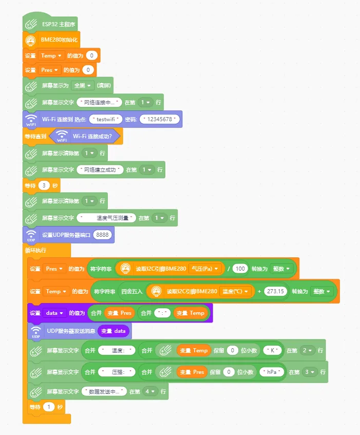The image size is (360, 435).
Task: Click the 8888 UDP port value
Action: [103, 235]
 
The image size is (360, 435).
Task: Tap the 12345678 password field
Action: [161, 119]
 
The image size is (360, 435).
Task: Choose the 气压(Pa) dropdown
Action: [207, 268]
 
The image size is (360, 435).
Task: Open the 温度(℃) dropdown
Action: [237, 291]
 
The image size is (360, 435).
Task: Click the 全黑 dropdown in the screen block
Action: [82, 85]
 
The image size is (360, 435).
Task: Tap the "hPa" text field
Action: [272, 372]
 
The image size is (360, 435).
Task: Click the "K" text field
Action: [273, 350]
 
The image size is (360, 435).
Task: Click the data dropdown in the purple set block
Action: [54, 313]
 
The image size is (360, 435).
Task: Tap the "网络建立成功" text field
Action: [101, 169]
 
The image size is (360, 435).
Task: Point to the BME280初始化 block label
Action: [60, 40]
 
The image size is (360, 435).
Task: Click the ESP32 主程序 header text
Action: [60, 24]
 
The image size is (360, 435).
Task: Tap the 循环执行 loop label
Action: [35, 250]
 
